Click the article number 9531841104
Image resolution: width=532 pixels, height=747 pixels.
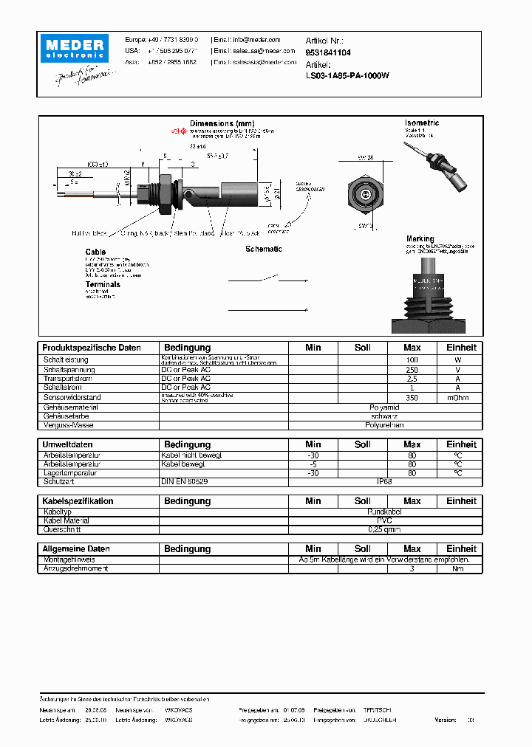click(328, 53)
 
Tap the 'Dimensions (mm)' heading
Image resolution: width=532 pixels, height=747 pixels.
click(222, 123)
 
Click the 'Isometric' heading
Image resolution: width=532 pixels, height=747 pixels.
click(422, 123)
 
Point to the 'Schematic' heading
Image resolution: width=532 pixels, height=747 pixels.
click(264, 249)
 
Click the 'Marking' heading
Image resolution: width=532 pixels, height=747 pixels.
click(420, 239)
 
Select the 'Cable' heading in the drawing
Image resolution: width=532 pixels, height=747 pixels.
click(95, 252)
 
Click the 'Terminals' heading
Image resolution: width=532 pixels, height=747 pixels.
click(103, 284)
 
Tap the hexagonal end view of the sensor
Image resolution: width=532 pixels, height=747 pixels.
click(366, 194)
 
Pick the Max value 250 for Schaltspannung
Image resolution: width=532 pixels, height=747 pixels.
click(412, 369)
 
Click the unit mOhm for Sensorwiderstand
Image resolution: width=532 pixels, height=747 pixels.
click(457, 397)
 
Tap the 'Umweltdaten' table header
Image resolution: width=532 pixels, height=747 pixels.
click(68, 444)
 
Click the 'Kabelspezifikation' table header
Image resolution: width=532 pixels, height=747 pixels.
click(78, 501)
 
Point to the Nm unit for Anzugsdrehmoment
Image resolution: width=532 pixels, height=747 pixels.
click(457, 568)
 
